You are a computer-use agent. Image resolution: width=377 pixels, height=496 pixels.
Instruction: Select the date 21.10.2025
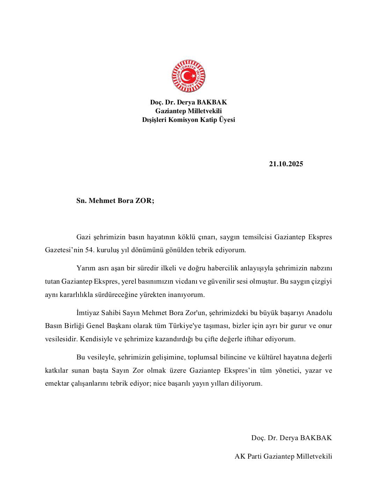[x=286, y=164]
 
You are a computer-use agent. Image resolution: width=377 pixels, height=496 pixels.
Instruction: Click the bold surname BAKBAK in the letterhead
[x=212, y=102]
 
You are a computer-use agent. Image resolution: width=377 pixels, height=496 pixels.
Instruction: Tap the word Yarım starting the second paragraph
[x=85, y=268]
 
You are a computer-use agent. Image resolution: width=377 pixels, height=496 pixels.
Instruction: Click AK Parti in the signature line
[x=248, y=456]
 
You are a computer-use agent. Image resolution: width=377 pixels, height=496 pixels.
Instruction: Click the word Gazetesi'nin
[x=63, y=250]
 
